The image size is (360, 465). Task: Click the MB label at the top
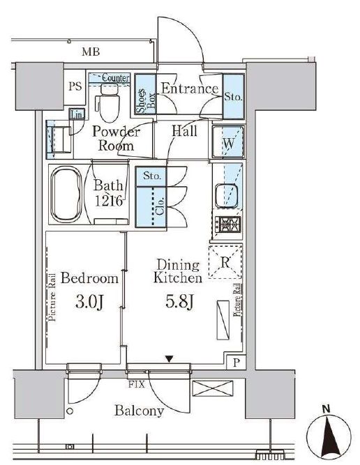pos(90,52)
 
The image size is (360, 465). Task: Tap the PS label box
pos(75,87)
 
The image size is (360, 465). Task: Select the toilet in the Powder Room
pos(107,104)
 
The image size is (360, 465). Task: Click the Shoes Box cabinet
pos(144,95)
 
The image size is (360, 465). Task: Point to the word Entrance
pos(190,89)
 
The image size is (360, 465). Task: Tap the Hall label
pos(184,130)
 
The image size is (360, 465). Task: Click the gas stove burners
pos(228,225)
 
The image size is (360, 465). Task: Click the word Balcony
pos(140,411)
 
